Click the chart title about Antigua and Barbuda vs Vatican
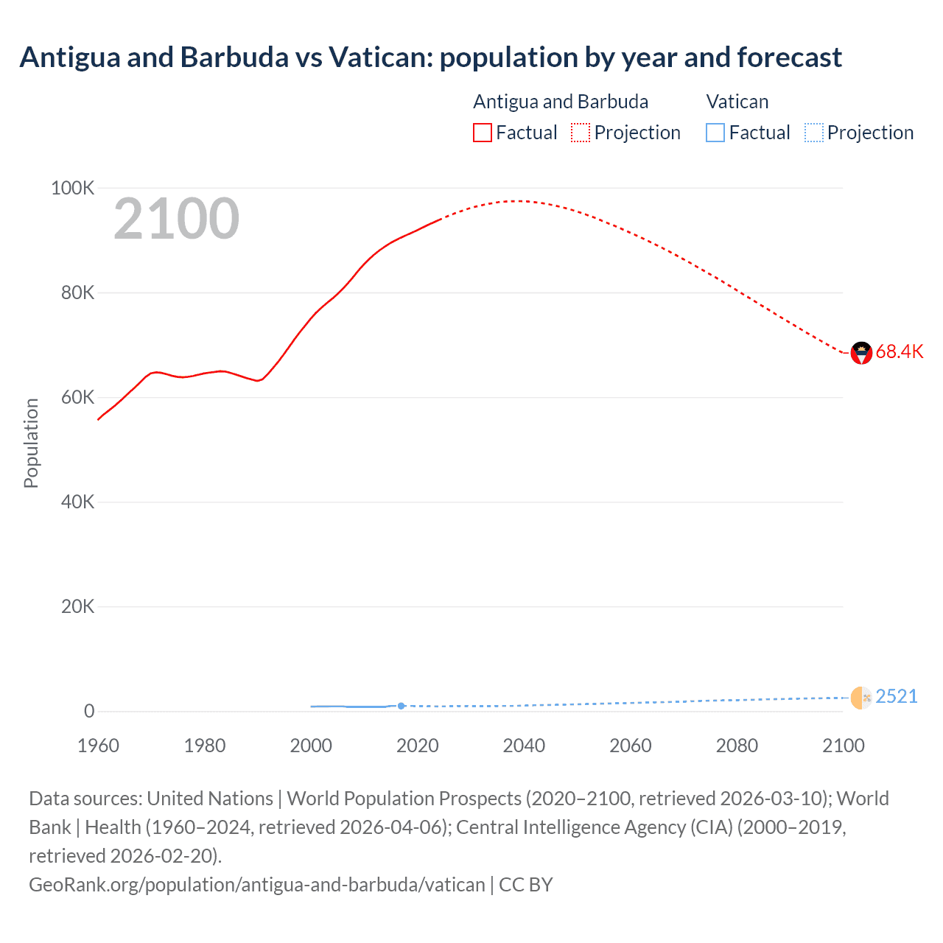(x=430, y=57)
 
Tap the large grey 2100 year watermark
(x=176, y=219)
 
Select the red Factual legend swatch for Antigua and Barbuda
(x=482, y=133)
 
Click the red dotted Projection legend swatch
(x=581, y=133)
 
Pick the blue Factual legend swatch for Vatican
(x=715, y=133)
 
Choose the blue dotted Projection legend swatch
(x=813, y=133)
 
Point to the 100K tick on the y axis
(x=73, y=189)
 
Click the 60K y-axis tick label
(x=77, y=398)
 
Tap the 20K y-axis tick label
(x=77, y=607)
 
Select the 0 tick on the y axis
(x=89, y=712)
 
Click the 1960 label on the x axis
(x=98, y=746)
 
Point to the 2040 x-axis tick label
(x=524, y=746)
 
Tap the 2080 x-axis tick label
(x=737, y=746)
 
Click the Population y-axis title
(x=31, y=443)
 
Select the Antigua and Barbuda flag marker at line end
(x=861, y=353)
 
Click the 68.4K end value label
(x=900, y=352)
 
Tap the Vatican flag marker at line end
(x=861, y=698)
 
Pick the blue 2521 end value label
(x=897, y=697)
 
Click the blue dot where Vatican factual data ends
(x=402, y=706)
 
